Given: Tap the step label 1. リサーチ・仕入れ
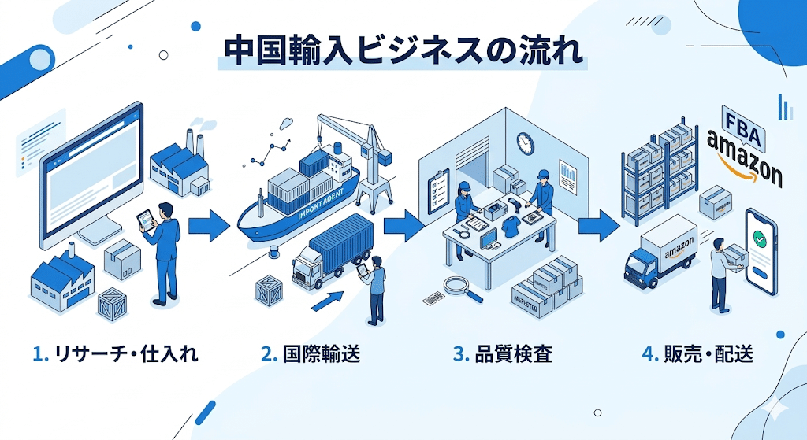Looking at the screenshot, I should (x=116, y=354).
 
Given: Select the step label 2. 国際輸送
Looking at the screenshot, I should (x=311, y=354).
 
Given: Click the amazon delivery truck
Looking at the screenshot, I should (x=660, y=252).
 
